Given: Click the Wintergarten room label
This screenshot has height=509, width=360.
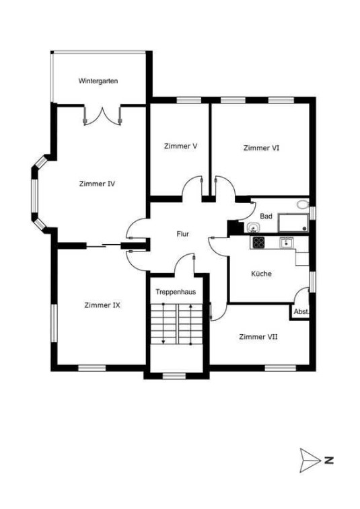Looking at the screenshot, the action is [x=98, y=81].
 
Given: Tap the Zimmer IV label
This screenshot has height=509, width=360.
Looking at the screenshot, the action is [x=97, y=184].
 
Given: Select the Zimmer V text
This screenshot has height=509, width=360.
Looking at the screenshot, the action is [x=180, y=146].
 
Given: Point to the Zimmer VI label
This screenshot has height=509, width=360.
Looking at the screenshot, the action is [x=261, y=148].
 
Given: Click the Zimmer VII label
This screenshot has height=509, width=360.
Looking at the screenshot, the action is [x=258, y=337].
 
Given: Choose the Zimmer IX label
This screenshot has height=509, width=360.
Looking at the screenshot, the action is [x=102, y=305].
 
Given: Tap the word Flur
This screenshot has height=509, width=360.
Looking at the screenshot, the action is [x=182, y=234].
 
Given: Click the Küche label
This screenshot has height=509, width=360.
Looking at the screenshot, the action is [x=261, y=274].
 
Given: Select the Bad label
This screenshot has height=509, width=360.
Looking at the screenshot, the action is [x=266, y=217].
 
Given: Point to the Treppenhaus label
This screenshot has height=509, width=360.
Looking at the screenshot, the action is [x=176, y=292].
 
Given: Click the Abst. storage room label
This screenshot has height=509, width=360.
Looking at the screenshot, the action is [x=301, y=312].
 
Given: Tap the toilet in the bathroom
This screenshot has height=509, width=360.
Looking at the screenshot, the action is [x=303, y=204].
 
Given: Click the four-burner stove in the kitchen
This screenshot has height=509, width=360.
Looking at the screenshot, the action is [x=258, y=242].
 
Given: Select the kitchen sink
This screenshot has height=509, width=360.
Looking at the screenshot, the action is [x=286, y=242].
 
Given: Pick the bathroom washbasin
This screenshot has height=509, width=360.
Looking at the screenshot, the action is [x=253, y=228].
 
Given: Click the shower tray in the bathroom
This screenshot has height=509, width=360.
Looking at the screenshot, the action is [x=293, y=223].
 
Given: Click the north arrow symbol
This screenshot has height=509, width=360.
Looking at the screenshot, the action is [x=310, y=460].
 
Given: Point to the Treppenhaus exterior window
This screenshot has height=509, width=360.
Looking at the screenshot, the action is [x=174, y=376].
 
